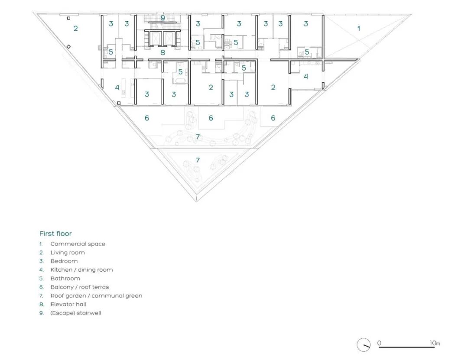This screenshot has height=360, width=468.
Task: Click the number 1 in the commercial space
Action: coord(359,28)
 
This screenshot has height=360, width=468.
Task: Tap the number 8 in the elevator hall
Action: coord(162,52)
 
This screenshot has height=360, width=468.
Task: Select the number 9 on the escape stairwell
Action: coord(162,18)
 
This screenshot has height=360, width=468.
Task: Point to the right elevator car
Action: coord(169,38)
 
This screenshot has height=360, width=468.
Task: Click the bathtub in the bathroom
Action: coord(180,81)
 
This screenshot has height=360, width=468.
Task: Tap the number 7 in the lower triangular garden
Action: coord(198,160)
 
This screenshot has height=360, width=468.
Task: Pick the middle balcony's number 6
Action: coord(211,118)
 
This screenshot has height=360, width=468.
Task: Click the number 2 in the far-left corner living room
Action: coord(75,28)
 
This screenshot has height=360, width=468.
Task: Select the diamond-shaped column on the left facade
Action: coord(68,46)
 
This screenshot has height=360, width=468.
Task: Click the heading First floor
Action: coord(55,234)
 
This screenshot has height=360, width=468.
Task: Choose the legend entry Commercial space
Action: coord(78,244)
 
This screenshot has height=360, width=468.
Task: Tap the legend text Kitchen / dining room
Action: coord(81,270)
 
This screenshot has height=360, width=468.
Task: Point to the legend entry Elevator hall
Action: coord(68,305)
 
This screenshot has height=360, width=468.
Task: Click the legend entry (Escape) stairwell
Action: coord(75,313)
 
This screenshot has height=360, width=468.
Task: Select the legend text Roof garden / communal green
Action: coord(96,296)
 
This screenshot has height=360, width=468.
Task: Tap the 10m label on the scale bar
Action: coord(435,343)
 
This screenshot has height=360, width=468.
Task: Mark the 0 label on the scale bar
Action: coord(379,343)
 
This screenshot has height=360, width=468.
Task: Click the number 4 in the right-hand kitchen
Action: coord(305,76)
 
